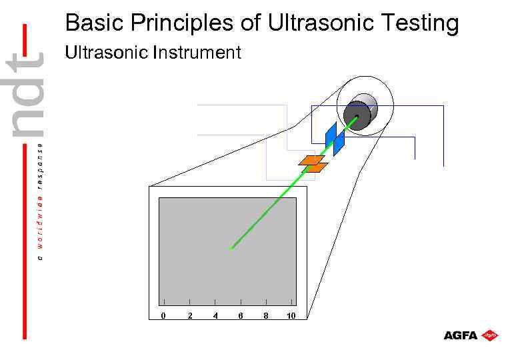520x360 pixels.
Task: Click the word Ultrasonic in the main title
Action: [311, 23]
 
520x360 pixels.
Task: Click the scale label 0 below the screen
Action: [163, 315]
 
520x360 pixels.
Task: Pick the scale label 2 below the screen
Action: [190, 315]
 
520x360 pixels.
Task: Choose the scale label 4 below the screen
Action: [215, 315]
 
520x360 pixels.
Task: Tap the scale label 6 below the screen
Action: [241, 315]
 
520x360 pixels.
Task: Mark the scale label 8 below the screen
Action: [266, 315]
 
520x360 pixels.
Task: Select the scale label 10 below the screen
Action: [291, 315]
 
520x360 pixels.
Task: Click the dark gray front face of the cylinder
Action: [356, 119]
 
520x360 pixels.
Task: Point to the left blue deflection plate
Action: [330, 135]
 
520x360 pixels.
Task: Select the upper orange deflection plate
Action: [311, 160]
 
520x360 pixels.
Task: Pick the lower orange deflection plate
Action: [315, 168]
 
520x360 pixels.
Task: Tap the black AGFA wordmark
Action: [461, 335]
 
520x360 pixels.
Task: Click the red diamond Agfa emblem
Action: [491, 335]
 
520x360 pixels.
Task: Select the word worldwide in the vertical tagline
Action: [40, 223]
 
